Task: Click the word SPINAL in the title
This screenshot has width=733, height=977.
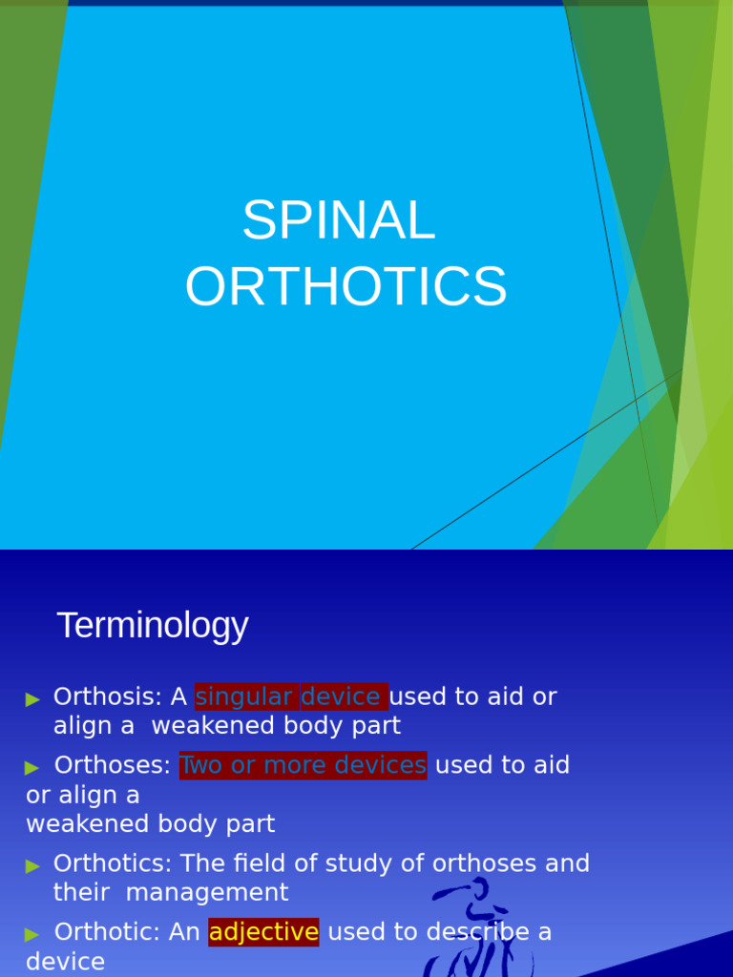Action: (x=339, y=220)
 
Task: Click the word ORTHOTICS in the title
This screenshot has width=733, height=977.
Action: (x=346, y=286)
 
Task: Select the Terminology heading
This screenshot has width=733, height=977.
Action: (x=153, y=626)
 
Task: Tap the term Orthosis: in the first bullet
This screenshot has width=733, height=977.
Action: (x=108, y=697)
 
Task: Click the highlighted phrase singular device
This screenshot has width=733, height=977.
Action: (x=291, y=697)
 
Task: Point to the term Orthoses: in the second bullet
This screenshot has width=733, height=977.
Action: (x=113, y=765)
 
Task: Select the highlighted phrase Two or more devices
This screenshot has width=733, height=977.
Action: (x=303, y=765)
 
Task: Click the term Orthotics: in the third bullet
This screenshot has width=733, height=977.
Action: (x=113, y=863)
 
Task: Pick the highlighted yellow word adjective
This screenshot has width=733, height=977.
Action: (x=263, y=932)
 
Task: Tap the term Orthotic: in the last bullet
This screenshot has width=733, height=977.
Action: (x=108, y=932)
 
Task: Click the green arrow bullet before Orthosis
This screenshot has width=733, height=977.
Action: (x=33, y=699)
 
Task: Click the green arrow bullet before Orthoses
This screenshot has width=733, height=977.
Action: (x=33, y=767)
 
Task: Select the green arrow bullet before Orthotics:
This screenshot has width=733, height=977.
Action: (x=33, y=865)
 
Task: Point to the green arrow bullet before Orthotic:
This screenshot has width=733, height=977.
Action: (x=33, y=934)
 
